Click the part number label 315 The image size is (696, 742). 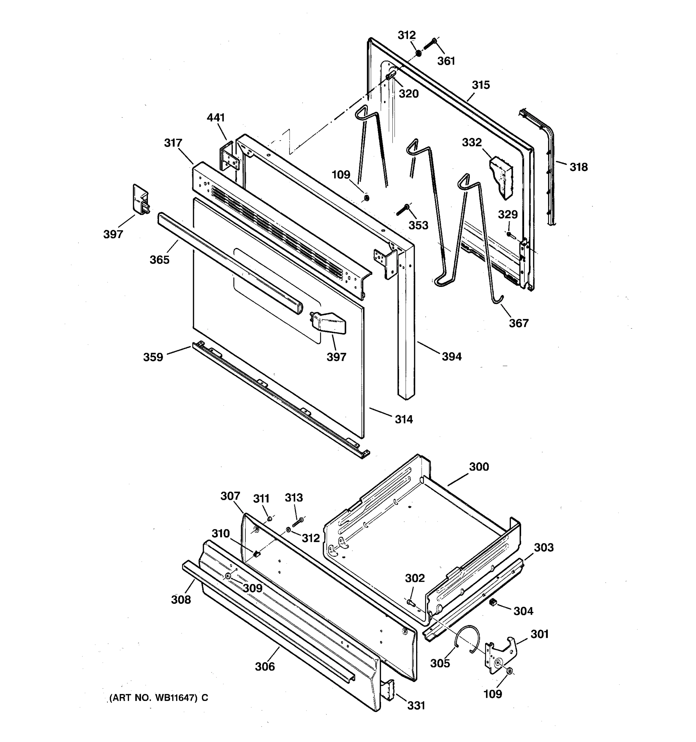point(481,85)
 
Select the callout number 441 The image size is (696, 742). point(216,117)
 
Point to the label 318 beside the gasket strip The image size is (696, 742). point(578,167)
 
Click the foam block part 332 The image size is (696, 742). point(501,177)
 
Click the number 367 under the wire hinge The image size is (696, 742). point(519,323)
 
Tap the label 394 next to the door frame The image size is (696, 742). point(452,357)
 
